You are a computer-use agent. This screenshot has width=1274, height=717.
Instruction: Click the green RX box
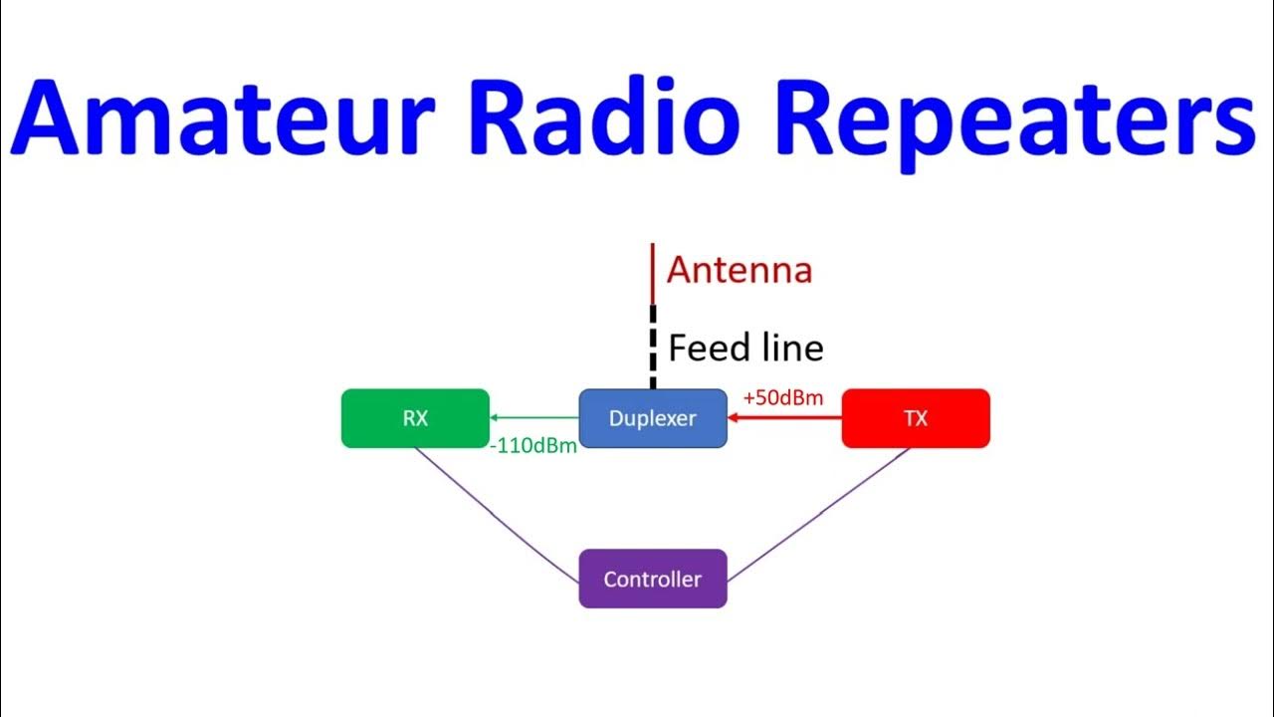(x=415, y=418)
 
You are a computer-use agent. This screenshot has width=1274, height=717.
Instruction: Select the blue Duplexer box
(x=653, y=418)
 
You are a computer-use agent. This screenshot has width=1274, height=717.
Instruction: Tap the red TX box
(x=916, y=418)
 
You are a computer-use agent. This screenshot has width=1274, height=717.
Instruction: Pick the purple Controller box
(x=653, y=579)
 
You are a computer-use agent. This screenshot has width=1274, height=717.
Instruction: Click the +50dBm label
(x=783, y=398)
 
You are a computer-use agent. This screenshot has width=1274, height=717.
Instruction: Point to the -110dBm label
(x=533, y=447)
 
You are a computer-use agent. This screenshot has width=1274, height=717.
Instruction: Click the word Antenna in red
(x=740, y=270)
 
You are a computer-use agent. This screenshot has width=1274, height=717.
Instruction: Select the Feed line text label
(x=745, y=349)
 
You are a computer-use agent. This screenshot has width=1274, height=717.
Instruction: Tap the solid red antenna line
(x=652, y=274)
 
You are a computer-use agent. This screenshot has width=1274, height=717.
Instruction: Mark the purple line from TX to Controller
(x=818, y=514)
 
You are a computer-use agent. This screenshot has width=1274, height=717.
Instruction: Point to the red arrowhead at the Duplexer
(x=734, y=418)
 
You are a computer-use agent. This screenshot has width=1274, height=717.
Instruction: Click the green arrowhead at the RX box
(x=495, y=418)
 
